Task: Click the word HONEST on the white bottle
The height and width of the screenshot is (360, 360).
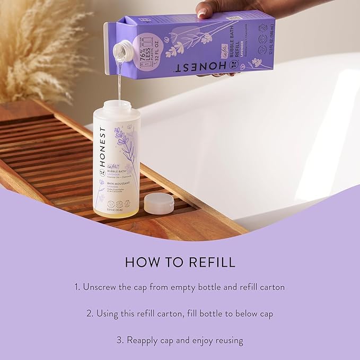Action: (102, 150)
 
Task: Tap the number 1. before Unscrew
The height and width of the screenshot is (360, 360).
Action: (77, 287)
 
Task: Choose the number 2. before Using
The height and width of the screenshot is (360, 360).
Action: (90, 313)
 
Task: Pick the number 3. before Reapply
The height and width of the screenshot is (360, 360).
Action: (120, 340)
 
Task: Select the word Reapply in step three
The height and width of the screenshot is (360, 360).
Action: (145, 340)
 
